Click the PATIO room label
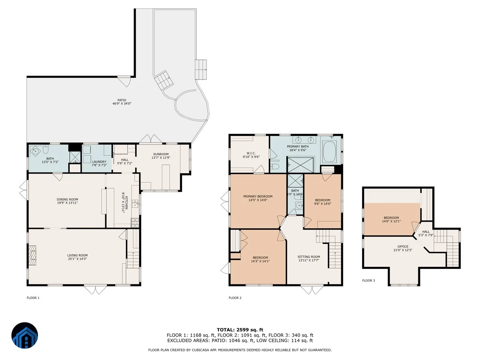point(122,100)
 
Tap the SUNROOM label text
point(161,154)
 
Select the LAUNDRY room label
point(99,162)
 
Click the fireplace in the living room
point(32,255)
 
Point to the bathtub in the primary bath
point(329,152)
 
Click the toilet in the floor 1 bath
point(46,149)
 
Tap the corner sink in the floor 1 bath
point(34,150)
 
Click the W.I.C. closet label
point(251,153)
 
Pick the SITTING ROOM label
point(308,257)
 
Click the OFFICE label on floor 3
point(402,246)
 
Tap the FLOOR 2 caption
point(235,298)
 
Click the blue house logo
point(25,335)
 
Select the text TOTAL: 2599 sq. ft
point(240,330)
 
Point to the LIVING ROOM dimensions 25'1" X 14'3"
point(77,259)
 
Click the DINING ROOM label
point(67,199)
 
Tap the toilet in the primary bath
point(275,166)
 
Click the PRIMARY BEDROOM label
point(258,196)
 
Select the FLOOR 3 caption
point(368,280)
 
